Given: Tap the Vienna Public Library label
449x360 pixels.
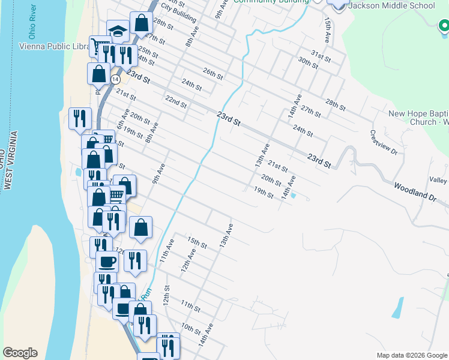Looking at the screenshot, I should click(x=53, y=46).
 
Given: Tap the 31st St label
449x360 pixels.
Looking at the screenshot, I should click(x=321, y=57).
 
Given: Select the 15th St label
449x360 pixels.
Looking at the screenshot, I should click(x=197, y=242).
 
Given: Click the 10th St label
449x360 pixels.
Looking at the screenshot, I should click(x=190, y=329).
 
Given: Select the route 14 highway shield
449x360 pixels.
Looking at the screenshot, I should click(x=115, y=79).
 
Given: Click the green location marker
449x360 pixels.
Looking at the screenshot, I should click(x=443, y=26).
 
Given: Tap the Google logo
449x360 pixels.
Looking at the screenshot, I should click(x=20, y=353).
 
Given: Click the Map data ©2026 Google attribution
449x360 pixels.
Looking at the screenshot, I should click(x=412, y=355).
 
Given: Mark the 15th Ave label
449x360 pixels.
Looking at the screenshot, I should click(x=328, y=26).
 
